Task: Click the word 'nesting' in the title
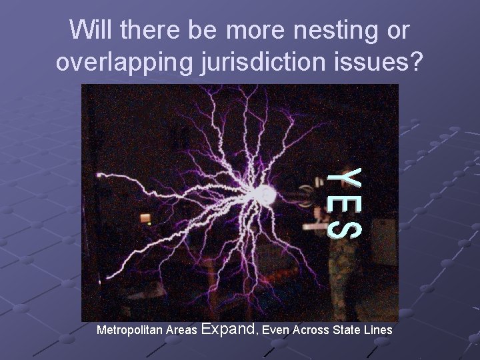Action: [331, 31]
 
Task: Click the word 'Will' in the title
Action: [91, 31]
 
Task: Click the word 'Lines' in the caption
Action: [377, 330]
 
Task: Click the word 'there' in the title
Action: [145, 31]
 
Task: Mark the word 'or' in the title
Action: [397, 31]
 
